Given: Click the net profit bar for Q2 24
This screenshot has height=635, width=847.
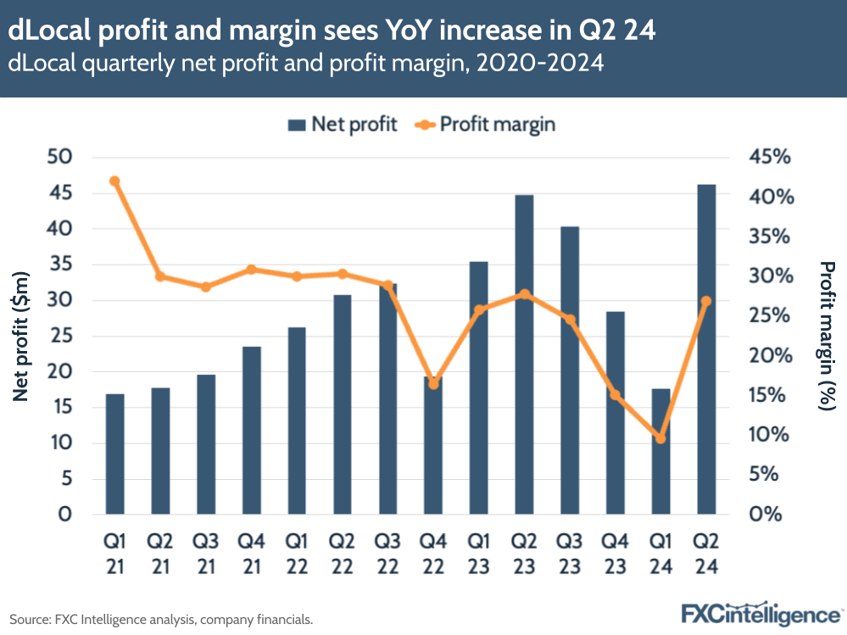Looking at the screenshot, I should click(x=706, y=349).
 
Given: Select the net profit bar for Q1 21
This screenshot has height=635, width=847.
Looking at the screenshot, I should click(x=115, y=454).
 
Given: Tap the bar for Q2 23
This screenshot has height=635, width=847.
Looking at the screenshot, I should click(x=525, y=354).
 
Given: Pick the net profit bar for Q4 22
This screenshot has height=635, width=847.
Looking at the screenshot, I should click(x=433, y=445).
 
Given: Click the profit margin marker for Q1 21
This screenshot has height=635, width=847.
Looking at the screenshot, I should click(x=115, y=181).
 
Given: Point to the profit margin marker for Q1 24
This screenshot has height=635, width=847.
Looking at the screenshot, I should click(x=660, y=438).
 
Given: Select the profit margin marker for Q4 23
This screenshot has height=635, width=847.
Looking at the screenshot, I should click(x=616, y=394).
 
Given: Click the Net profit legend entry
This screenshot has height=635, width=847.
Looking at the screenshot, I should click(x=343, y=125).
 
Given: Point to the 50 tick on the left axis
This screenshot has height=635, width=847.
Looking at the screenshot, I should click(x=64, y=158).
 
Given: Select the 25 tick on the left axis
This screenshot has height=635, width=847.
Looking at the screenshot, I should click(x=64, y=336).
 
